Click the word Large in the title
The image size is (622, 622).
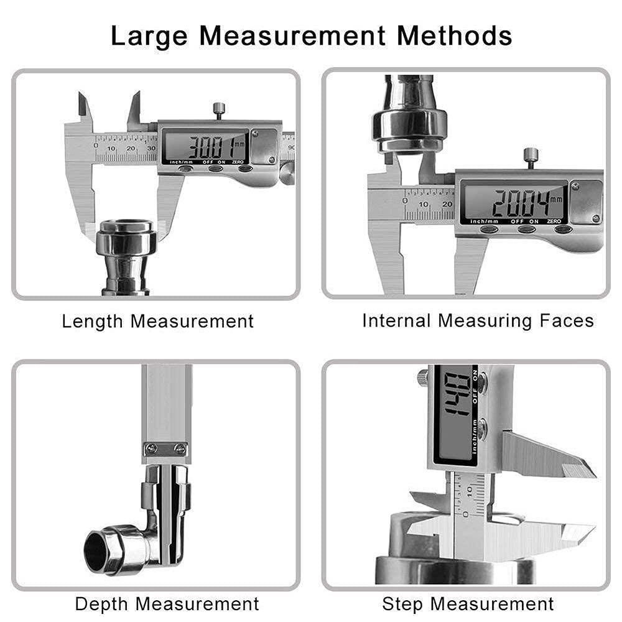[x=149, y=36]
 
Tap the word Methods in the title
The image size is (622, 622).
[x=455, y=36]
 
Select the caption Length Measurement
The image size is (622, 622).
[x=158, y=322]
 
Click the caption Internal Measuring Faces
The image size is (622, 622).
[x=478, y=321]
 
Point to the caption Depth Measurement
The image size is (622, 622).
[x=167, y=603]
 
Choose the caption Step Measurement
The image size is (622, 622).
[x=468, y=603]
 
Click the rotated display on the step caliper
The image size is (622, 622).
[x=455, y=411]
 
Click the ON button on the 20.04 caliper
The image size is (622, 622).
[x=526, y=230]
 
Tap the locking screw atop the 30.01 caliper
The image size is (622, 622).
[x=219, y=111]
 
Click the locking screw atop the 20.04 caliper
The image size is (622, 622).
[x=530, y=155]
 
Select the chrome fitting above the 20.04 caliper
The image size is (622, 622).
[x=409, y=121]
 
